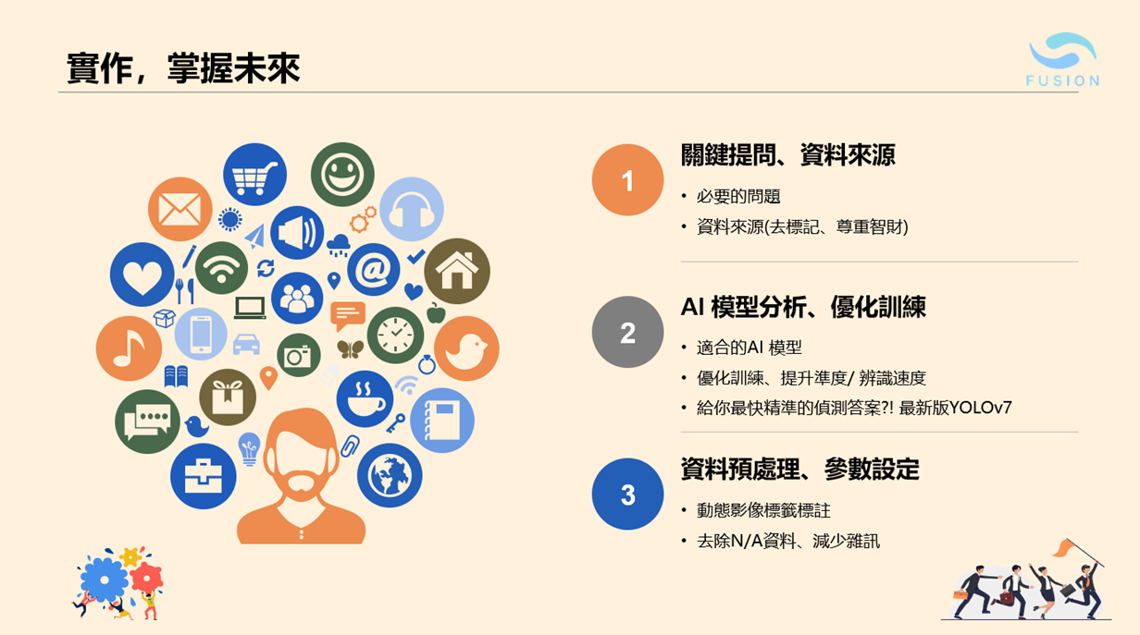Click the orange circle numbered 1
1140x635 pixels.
627,180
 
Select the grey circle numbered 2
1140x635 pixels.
627,332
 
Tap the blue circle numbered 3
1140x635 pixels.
627,494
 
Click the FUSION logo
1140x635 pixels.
1062,60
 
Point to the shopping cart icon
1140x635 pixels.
254,175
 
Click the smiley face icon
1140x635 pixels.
342,174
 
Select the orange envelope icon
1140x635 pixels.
180,209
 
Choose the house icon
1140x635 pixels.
457,271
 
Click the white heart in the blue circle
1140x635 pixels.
142,275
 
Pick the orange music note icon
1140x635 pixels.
128,348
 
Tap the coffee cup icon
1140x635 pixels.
365,398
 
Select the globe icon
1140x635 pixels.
389,475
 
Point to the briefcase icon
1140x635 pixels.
203,476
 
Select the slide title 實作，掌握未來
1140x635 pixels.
183,69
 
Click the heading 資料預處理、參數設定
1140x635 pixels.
799,470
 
